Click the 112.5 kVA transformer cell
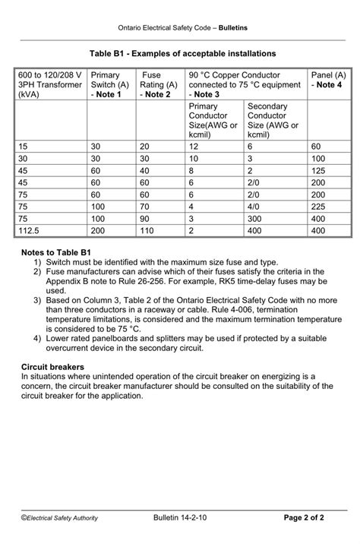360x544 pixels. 27,230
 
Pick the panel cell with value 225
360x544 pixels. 318,206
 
